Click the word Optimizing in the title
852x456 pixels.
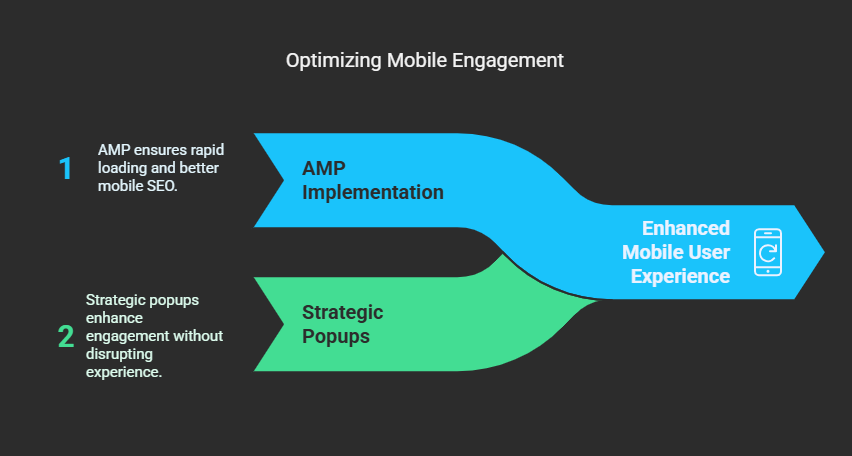coord(334,61)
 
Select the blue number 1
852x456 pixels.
coord(65,169)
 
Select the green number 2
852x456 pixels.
coord(66,336)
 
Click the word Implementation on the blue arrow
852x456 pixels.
coord(373,192)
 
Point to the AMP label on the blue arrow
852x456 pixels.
coord(323,168)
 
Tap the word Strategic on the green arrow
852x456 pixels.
coord(342,313)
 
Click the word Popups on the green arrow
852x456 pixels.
coord(336,336)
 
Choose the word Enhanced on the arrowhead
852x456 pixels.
coord(686,228)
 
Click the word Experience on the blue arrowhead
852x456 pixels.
coord(680,276)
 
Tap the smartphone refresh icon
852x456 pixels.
coord(768,252)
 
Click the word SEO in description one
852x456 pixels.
coord(162,186)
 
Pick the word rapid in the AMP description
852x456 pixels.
coord(208,149)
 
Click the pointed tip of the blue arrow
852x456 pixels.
coord(824,252)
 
